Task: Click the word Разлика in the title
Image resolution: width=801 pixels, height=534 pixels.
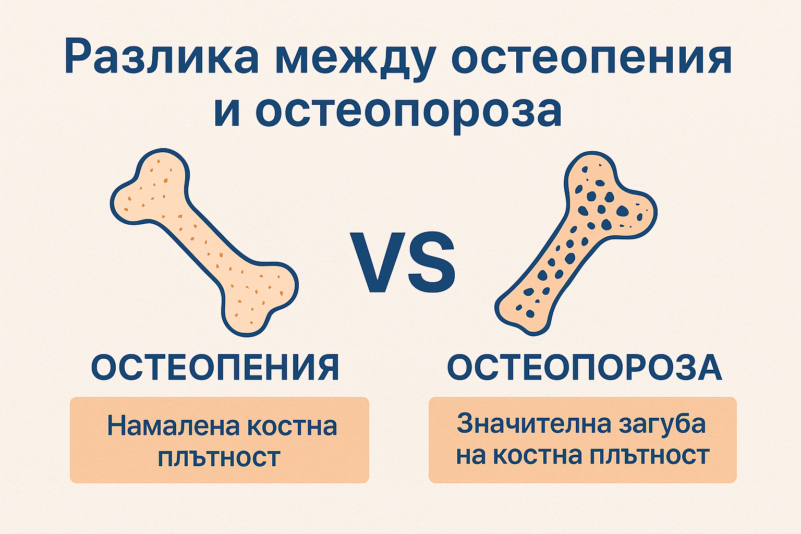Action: coord(162,56)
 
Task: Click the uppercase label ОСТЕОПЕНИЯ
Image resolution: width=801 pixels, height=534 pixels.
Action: coord(215,367)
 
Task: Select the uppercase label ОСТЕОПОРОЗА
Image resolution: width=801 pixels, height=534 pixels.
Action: coord(585,367)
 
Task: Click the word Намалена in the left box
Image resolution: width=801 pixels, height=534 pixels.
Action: coord(173,427)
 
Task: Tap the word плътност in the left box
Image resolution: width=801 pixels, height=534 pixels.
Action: coord(219,457)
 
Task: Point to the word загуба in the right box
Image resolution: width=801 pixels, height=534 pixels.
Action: coord(662,423)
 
